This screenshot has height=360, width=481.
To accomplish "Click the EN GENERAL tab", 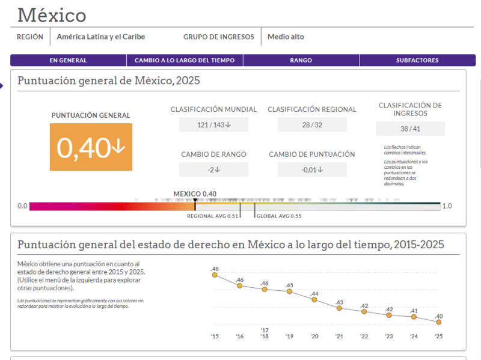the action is coord(68,61).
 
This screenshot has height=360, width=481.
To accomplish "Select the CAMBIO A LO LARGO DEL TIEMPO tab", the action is coord(185,61).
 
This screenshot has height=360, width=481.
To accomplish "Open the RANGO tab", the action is coord(301,61).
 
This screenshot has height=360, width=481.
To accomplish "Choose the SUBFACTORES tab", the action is coord(417,61).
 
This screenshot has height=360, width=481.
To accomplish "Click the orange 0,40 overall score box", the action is coord(91,147).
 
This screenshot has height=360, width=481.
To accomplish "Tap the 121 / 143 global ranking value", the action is coord(214,125).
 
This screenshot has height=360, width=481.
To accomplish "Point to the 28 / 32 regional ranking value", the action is coord(312,125).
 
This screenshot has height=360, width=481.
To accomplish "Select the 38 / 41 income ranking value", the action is coord(410,129).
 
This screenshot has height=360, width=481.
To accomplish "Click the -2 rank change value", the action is coord(214,169).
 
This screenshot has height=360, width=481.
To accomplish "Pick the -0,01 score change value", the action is coord(312,169).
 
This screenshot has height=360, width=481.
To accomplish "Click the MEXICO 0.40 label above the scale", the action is coord(195,194).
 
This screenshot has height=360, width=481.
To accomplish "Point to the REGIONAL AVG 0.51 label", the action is coord(213,216).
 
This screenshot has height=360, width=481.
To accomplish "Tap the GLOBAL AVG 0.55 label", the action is coord(279,216).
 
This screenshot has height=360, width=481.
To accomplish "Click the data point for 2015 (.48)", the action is coord(215,275).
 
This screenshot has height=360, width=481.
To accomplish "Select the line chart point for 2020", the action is coord(314,299).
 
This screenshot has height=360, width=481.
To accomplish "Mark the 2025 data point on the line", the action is coord(439,322).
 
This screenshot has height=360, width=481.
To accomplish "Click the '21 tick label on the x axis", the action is coord(339,337).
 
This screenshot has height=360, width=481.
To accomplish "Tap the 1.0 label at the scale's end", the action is coord(447,206).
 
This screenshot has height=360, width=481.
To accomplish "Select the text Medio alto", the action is coord(286,37).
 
